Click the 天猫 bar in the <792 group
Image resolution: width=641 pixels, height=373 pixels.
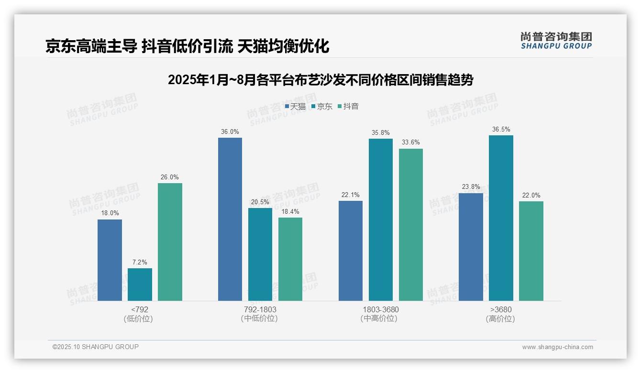[x=110, y=260]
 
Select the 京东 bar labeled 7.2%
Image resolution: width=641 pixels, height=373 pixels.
[x=140, y=285]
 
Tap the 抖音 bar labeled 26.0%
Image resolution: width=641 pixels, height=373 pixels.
[x=170, y=242]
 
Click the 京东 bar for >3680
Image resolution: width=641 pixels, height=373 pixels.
[x=501, y=218]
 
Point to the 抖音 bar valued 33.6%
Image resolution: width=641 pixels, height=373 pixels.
[x=411, y=225]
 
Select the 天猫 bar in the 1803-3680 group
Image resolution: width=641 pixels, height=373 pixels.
[x=351, y=251]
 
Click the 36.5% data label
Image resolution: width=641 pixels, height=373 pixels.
[x=501, y=130]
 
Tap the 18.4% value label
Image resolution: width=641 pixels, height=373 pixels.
[x=290, y=212]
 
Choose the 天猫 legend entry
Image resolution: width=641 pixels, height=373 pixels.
[x=295, y=107]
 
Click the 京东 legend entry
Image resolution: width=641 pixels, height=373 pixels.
[x=322, y=107]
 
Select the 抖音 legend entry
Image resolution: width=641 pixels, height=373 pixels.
[x=348, y=107]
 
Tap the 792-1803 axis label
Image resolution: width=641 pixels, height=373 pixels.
[x=260, y=309]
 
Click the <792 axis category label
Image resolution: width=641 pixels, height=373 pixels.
[x=139, y=309]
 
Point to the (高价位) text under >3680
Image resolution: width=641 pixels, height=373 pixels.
[x=500, y=319]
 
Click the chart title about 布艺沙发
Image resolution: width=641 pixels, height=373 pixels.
[x=320, y=80]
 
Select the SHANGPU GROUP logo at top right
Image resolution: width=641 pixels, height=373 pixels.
[x=556, y=41]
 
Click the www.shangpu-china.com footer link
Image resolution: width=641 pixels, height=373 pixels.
[x=557, y=347]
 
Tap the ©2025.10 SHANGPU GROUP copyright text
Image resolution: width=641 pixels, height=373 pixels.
[x=96, y=347]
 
